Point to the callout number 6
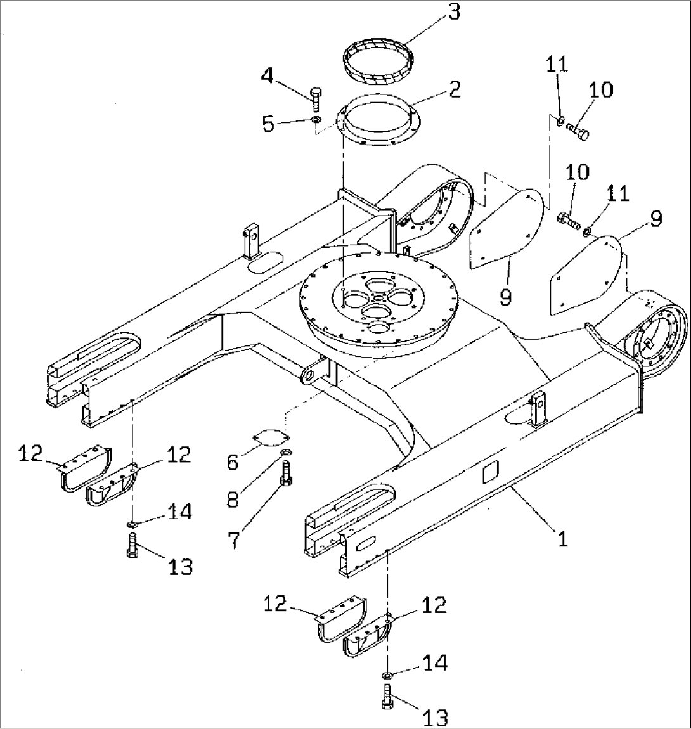click(232, 462)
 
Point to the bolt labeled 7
click(286, 474)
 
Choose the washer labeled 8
click(286, 452)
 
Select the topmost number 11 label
click(558, 64)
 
